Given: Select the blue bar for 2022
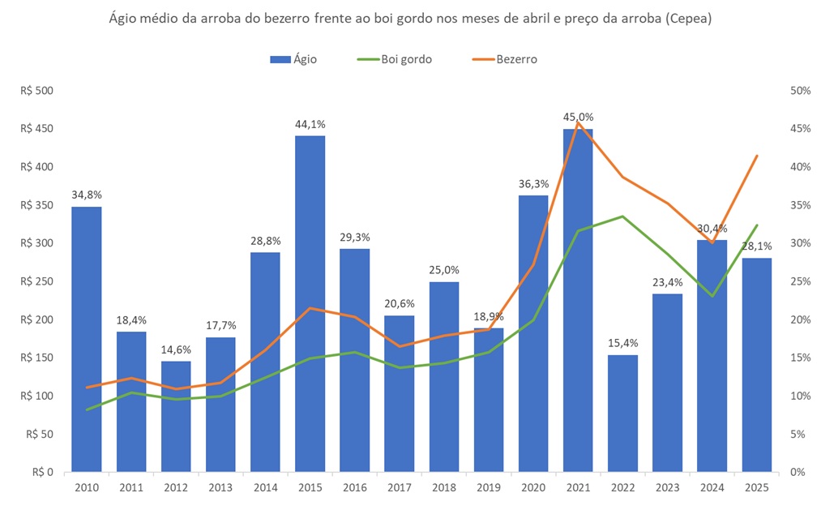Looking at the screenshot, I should pos(622,413).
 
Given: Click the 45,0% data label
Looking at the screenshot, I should pos(578,117).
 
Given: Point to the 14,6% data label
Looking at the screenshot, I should pos(175,349).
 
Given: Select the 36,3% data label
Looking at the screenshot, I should pos(533,183).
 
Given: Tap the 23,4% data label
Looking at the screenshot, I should pos(667,282).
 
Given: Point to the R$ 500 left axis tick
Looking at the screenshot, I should pos(36,91).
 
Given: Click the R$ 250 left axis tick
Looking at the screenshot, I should pos(36,281).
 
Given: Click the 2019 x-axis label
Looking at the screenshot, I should pos(489,488).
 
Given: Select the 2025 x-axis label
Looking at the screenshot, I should pos(756,488).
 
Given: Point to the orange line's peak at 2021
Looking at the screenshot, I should pos(578,122).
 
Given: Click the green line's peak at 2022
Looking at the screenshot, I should pos(622,216).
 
